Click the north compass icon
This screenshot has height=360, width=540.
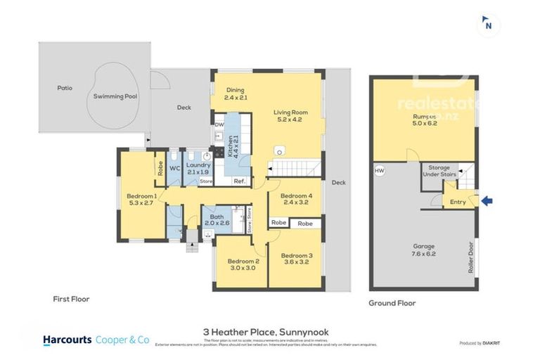[488, 24]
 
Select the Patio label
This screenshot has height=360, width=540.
[65, 89]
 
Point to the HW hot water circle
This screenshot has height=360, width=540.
[380, 170]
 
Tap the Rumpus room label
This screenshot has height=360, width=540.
[425, 120]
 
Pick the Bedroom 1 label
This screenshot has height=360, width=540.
[142, 200]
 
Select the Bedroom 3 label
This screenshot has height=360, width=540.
[296, 258]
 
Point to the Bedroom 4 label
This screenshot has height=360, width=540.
[295, 200]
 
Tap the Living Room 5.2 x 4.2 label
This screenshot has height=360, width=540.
[291, 116]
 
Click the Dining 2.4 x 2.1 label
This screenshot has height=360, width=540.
[236, 94]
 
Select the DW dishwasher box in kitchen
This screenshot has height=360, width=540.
[219, 125]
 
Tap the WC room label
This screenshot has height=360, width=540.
[175, 169]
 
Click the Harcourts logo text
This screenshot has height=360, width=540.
[67, 340]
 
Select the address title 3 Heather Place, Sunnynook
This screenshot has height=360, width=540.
[265, 332]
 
